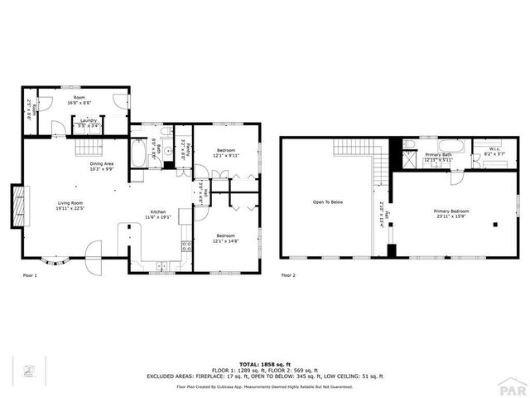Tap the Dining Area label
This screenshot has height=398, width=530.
[x=101, y=167]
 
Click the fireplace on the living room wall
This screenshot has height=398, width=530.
[x=17, y=206]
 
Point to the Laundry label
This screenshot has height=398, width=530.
[x=84, y=123]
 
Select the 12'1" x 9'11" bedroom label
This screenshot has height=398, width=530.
[x=225, y=153]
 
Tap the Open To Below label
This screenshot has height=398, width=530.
[x=327, y=202]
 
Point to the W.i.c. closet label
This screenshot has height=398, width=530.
[x=484, y=152]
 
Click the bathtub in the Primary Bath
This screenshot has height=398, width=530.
[x=431, y=163]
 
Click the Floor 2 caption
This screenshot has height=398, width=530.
[x=287, y=274]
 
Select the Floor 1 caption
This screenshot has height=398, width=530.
[x=29, y=274]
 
